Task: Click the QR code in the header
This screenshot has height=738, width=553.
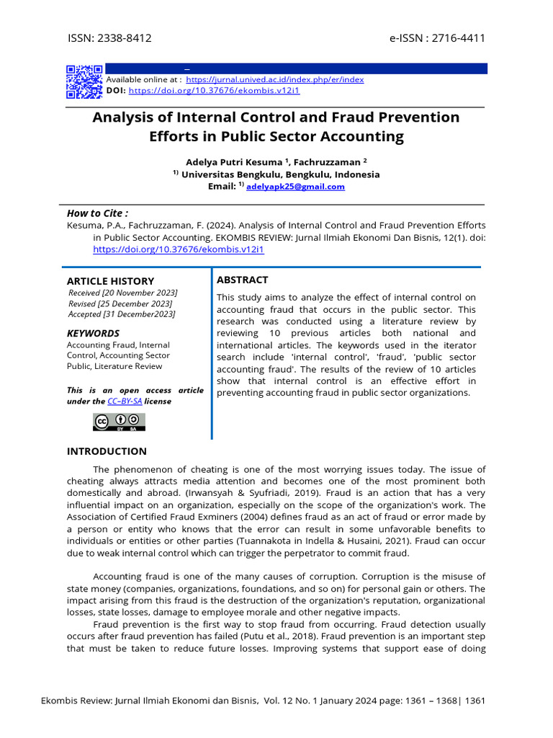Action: pyautogui.click(x=84, y=81)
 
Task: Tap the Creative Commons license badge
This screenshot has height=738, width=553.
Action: pyautogui.click(x=119, y=422)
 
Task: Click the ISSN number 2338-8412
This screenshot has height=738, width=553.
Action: pyautogui.click(x=125, y=38)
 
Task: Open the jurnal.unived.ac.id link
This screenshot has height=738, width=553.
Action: pyautogui.click(x=275, y=79)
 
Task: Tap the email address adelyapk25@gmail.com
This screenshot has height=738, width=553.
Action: pyautogui.click(x=295, y=187)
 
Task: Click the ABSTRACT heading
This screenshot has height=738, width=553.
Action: pyautogui.click(x=242, y=280)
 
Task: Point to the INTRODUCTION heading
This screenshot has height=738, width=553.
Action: pyautogui.click(x=107, y=451)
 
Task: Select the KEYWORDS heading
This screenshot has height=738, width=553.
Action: pyautogui.click(x=93, y=334)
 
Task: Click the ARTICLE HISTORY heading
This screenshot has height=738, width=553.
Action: pyautogui.click(x=110, y=281)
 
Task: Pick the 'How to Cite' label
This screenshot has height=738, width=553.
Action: pyautogui.click(x=97, y=213)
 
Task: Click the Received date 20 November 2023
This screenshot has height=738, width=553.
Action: pyautogui.click(x=122, y=293)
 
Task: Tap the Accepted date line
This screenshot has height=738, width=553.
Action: pyautogui.click(x=121, y=314)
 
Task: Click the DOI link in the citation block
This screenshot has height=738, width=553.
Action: pyautogui.click(x=179, y=249)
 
